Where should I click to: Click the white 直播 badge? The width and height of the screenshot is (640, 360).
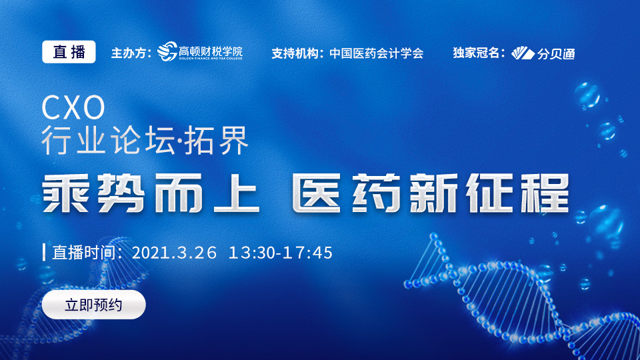pos(69,52)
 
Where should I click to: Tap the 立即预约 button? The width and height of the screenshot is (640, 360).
pos(93,305)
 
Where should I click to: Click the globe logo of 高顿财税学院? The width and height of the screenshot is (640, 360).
pos(167,51)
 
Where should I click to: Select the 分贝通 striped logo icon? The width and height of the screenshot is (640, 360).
pos(523,53)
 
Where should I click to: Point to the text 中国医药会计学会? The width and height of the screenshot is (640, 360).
pos(376,53)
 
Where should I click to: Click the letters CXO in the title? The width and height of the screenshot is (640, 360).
pos(73,107)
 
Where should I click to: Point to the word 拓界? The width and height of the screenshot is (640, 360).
pos(216,140)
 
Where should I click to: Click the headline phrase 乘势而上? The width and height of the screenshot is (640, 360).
pos(151,193)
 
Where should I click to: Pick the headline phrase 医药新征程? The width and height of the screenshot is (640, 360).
pos(431,193)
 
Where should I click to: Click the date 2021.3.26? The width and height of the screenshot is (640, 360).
pos(174,253)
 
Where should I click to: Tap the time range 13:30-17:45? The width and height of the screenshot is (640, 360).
pos(281,253)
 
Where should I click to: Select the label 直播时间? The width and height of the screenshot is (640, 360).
pos(84,253)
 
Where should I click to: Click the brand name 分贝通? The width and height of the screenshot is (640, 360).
pos(556,53)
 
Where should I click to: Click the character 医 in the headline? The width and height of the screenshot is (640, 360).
pos(316,193)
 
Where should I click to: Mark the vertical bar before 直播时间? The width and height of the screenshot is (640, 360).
pos(44,252)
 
